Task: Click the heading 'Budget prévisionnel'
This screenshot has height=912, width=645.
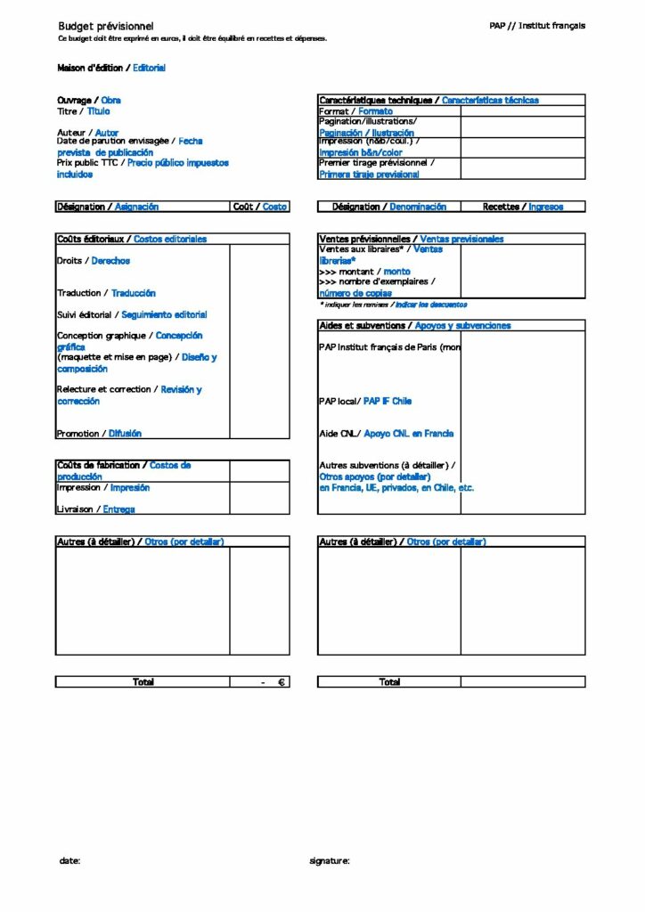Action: pyautogui.click(x=105, y=27)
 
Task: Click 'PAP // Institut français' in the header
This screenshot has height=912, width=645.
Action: pyautogui.click(x=537, y=26)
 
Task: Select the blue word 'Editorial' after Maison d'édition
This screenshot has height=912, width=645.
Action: pyautogui.click(x=150, y=68)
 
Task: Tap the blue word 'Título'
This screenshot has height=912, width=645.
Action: pyautogui.click(x=99, y=111)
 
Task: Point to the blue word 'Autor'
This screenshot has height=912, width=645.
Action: pyautogui.click(x=107, y=132)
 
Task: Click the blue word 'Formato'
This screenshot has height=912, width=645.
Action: pyautogui.click(x=375, y=111)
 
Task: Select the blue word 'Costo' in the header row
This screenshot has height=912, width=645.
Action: pyautogui.click(x=274, y=207)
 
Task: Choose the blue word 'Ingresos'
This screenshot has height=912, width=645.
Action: pyautogui.click(x=545, y=207)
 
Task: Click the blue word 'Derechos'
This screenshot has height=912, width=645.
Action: pyautogui.click(x=110, y=261)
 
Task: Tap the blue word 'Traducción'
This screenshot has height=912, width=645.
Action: pyautogui.click(x=134, y=293)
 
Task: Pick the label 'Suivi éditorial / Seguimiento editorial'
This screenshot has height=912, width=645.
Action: pyautogui.click(x=132, y=314)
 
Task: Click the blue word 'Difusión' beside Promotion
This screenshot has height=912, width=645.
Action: pyautogui.click(x=125, y=434)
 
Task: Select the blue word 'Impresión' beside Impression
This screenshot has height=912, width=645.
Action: pyautogui.click(x=130, y=488)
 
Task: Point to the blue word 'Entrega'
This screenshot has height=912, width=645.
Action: pyautogui.click(x=118, y=509)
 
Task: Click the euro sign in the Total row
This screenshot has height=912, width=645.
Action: pyautogui.click(x=281, y=682)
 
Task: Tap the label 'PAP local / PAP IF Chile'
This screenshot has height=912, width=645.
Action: pyautogui.click(x=365, y=402)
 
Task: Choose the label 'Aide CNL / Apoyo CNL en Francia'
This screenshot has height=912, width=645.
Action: pyautogui.click(x=386, y=434)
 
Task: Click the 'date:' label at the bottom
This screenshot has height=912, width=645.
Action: pyautogui.click(x=69, y=861)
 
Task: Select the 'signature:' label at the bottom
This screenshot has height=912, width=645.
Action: pyautogui.click(x=329, y=861)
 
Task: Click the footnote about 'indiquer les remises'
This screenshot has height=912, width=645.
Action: pyautogui.click(x=393, y=305)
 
